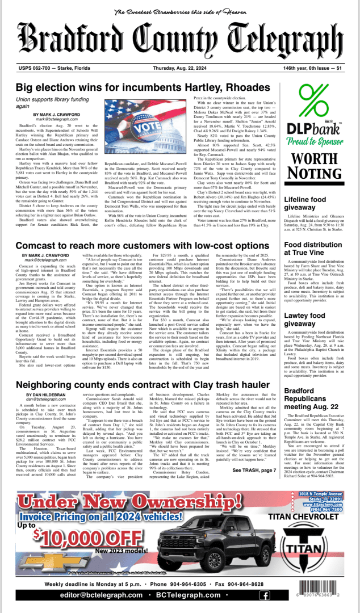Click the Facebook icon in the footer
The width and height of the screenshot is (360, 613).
(263, 595)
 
